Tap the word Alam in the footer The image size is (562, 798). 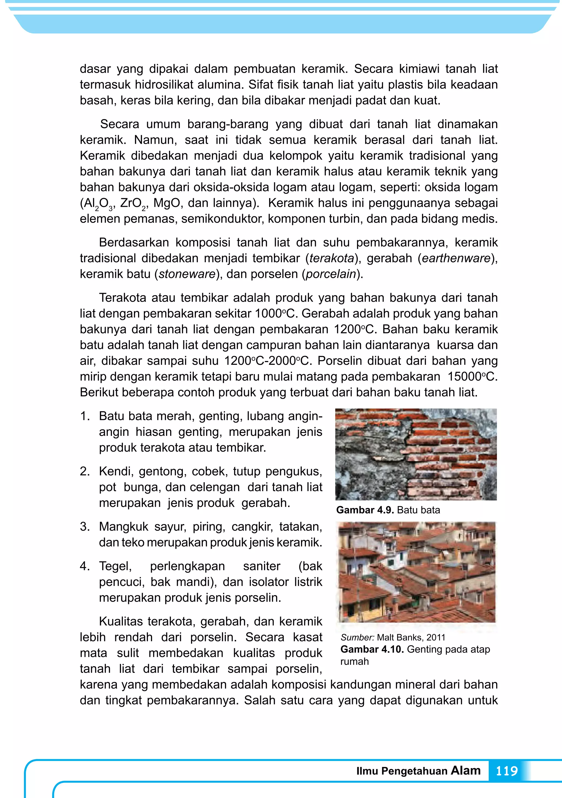click(466, 770)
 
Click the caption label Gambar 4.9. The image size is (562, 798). click(365, 510)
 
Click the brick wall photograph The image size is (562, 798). click(416, 454)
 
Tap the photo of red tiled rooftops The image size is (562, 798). click(417, 572)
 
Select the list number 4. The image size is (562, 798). click(85, 566)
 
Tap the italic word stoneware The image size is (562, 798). click(187, 274)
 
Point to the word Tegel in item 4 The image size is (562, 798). click(115, 566)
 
